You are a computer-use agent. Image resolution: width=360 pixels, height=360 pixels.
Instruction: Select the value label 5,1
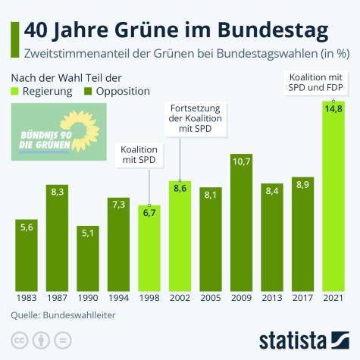click(x=88, y=233)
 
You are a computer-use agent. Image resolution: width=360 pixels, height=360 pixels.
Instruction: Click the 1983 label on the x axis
click(x=27, y=298)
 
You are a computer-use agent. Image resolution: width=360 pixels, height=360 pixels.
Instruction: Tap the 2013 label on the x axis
click(x=271, y=298)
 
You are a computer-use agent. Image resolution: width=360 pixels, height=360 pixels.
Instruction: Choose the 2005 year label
click(x=210, y=298)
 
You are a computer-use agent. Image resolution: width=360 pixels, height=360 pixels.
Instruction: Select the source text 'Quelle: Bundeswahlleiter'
click(x=63, y=314)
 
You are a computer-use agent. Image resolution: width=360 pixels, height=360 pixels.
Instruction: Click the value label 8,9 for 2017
click(x=302, y=185)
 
